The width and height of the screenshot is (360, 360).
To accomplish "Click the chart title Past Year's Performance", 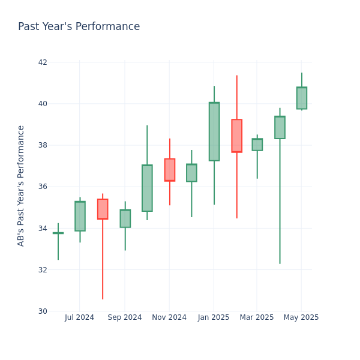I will click(x=79, y=27).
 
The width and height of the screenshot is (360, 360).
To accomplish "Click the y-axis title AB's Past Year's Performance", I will click(x=22, y=185).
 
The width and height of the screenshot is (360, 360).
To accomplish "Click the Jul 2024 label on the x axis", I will click(x=80, y=317).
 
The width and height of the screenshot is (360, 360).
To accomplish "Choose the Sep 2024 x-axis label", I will click(x=125, y=317).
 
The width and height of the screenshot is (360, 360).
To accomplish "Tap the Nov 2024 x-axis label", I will click(x=169, y=317).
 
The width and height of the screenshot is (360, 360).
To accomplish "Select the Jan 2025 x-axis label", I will click(x=214, y=317).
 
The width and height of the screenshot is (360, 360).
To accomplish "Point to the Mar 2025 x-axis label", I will click(x=256, y=317).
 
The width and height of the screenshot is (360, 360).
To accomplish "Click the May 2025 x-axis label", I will click(x=301, y=317).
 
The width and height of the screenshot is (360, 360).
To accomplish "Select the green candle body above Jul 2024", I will click(x=80, y=216).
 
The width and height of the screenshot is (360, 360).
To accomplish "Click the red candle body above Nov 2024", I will click(x=170, y=170).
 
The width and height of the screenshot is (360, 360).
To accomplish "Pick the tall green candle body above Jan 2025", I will click(x=214, y=131).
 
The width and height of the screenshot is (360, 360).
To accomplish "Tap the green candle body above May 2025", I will click(x=302, y=98).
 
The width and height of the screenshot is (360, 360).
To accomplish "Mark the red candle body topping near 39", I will click(x=237, y=136).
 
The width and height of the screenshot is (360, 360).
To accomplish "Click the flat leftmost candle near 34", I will click(x=58, y=233).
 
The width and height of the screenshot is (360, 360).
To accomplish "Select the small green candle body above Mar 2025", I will click(x=257, y=145).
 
